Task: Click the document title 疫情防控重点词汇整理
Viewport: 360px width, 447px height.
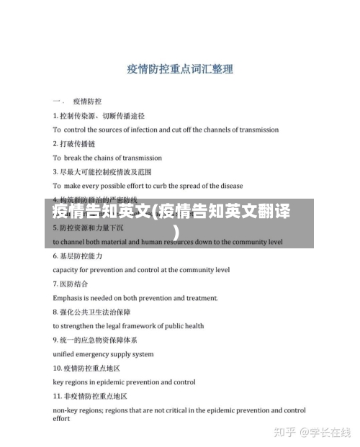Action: pyautogui.click(x=179, y=70)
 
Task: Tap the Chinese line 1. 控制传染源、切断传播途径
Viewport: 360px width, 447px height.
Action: pyautogui.click(x=99, y=115)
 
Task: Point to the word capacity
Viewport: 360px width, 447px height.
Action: pyautogui.click(x=66, y=270)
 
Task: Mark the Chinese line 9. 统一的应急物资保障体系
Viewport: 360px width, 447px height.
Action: pyautogui.click(x=94, y=339)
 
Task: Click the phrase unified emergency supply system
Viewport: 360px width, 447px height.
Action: pyautogui.click(x=103, y=354)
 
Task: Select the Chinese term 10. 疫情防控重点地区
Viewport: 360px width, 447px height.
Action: pyautogui.click(x=86, y=368)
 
